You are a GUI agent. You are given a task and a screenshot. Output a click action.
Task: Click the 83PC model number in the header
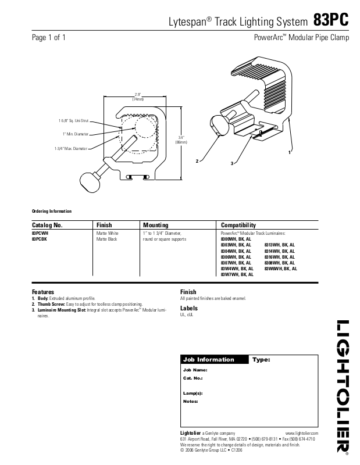(x=331, y=20)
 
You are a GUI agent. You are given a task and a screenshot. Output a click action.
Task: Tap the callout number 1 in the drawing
(x=289, y=152)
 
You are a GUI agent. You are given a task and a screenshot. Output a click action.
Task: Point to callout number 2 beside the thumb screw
(x=198, y=160)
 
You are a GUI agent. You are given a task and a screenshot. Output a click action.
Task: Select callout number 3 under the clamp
(x=231, y=164)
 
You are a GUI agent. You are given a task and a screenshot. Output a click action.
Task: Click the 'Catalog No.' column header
(x=47, y=225)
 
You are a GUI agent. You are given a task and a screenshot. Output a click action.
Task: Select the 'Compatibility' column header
(x=238, y=225)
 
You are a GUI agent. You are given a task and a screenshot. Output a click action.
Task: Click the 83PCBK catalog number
(x=40, y=238)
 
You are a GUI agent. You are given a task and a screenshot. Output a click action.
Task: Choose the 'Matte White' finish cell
(x=107, y=233)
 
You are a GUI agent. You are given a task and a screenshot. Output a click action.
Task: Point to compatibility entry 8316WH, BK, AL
(x=280, y=256)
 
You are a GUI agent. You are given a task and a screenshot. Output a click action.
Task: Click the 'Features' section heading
(x=42, y=292)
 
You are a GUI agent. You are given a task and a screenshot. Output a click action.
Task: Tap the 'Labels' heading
(x=189, y=308)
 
